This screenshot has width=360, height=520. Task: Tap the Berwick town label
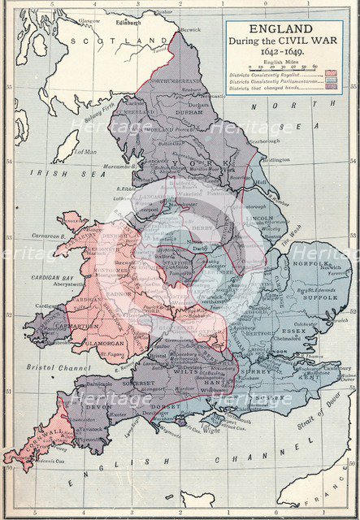pos(189,28)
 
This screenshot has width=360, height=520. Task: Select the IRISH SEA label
pos(48,172)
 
